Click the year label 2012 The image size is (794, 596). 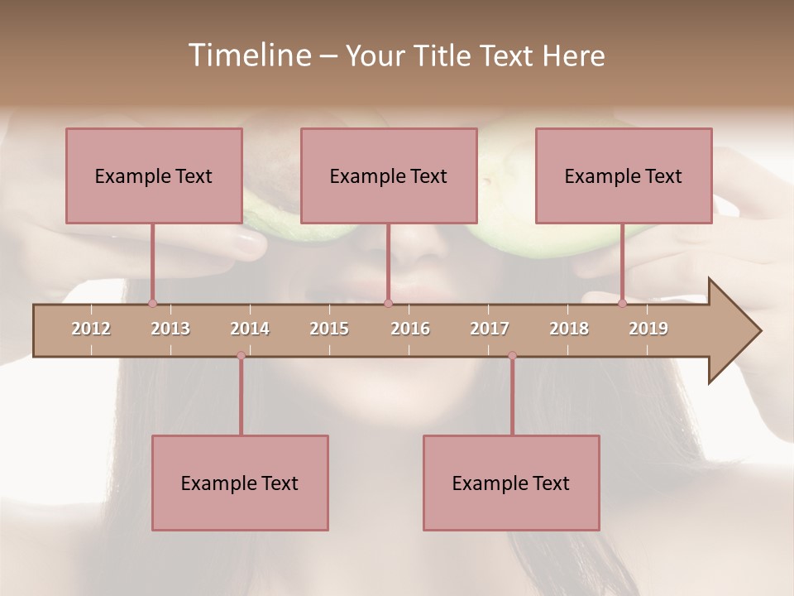pos(91,329)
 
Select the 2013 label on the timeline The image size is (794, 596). pos(170,329)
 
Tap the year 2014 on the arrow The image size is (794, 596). pos(250,329)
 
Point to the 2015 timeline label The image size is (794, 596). pos(329,329)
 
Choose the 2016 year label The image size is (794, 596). pos(410,329)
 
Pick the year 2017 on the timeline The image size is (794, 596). pos(490,329)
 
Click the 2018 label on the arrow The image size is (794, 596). pos(569,329)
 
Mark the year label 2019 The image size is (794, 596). pos(648,329)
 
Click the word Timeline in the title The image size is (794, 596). pos(249,55)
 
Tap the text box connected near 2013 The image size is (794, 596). pos(154,175)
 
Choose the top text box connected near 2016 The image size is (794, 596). pos(389,175)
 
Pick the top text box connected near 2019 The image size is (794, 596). pos(624,175)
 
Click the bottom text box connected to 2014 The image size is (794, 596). pos(240,483)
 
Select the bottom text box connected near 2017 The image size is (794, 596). pos(511,483)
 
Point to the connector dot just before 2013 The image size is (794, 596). pos(152,304)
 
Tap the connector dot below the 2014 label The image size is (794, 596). pos(241,356)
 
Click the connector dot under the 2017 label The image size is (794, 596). pos(512,356)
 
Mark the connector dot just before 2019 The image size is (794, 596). pos(622,304)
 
